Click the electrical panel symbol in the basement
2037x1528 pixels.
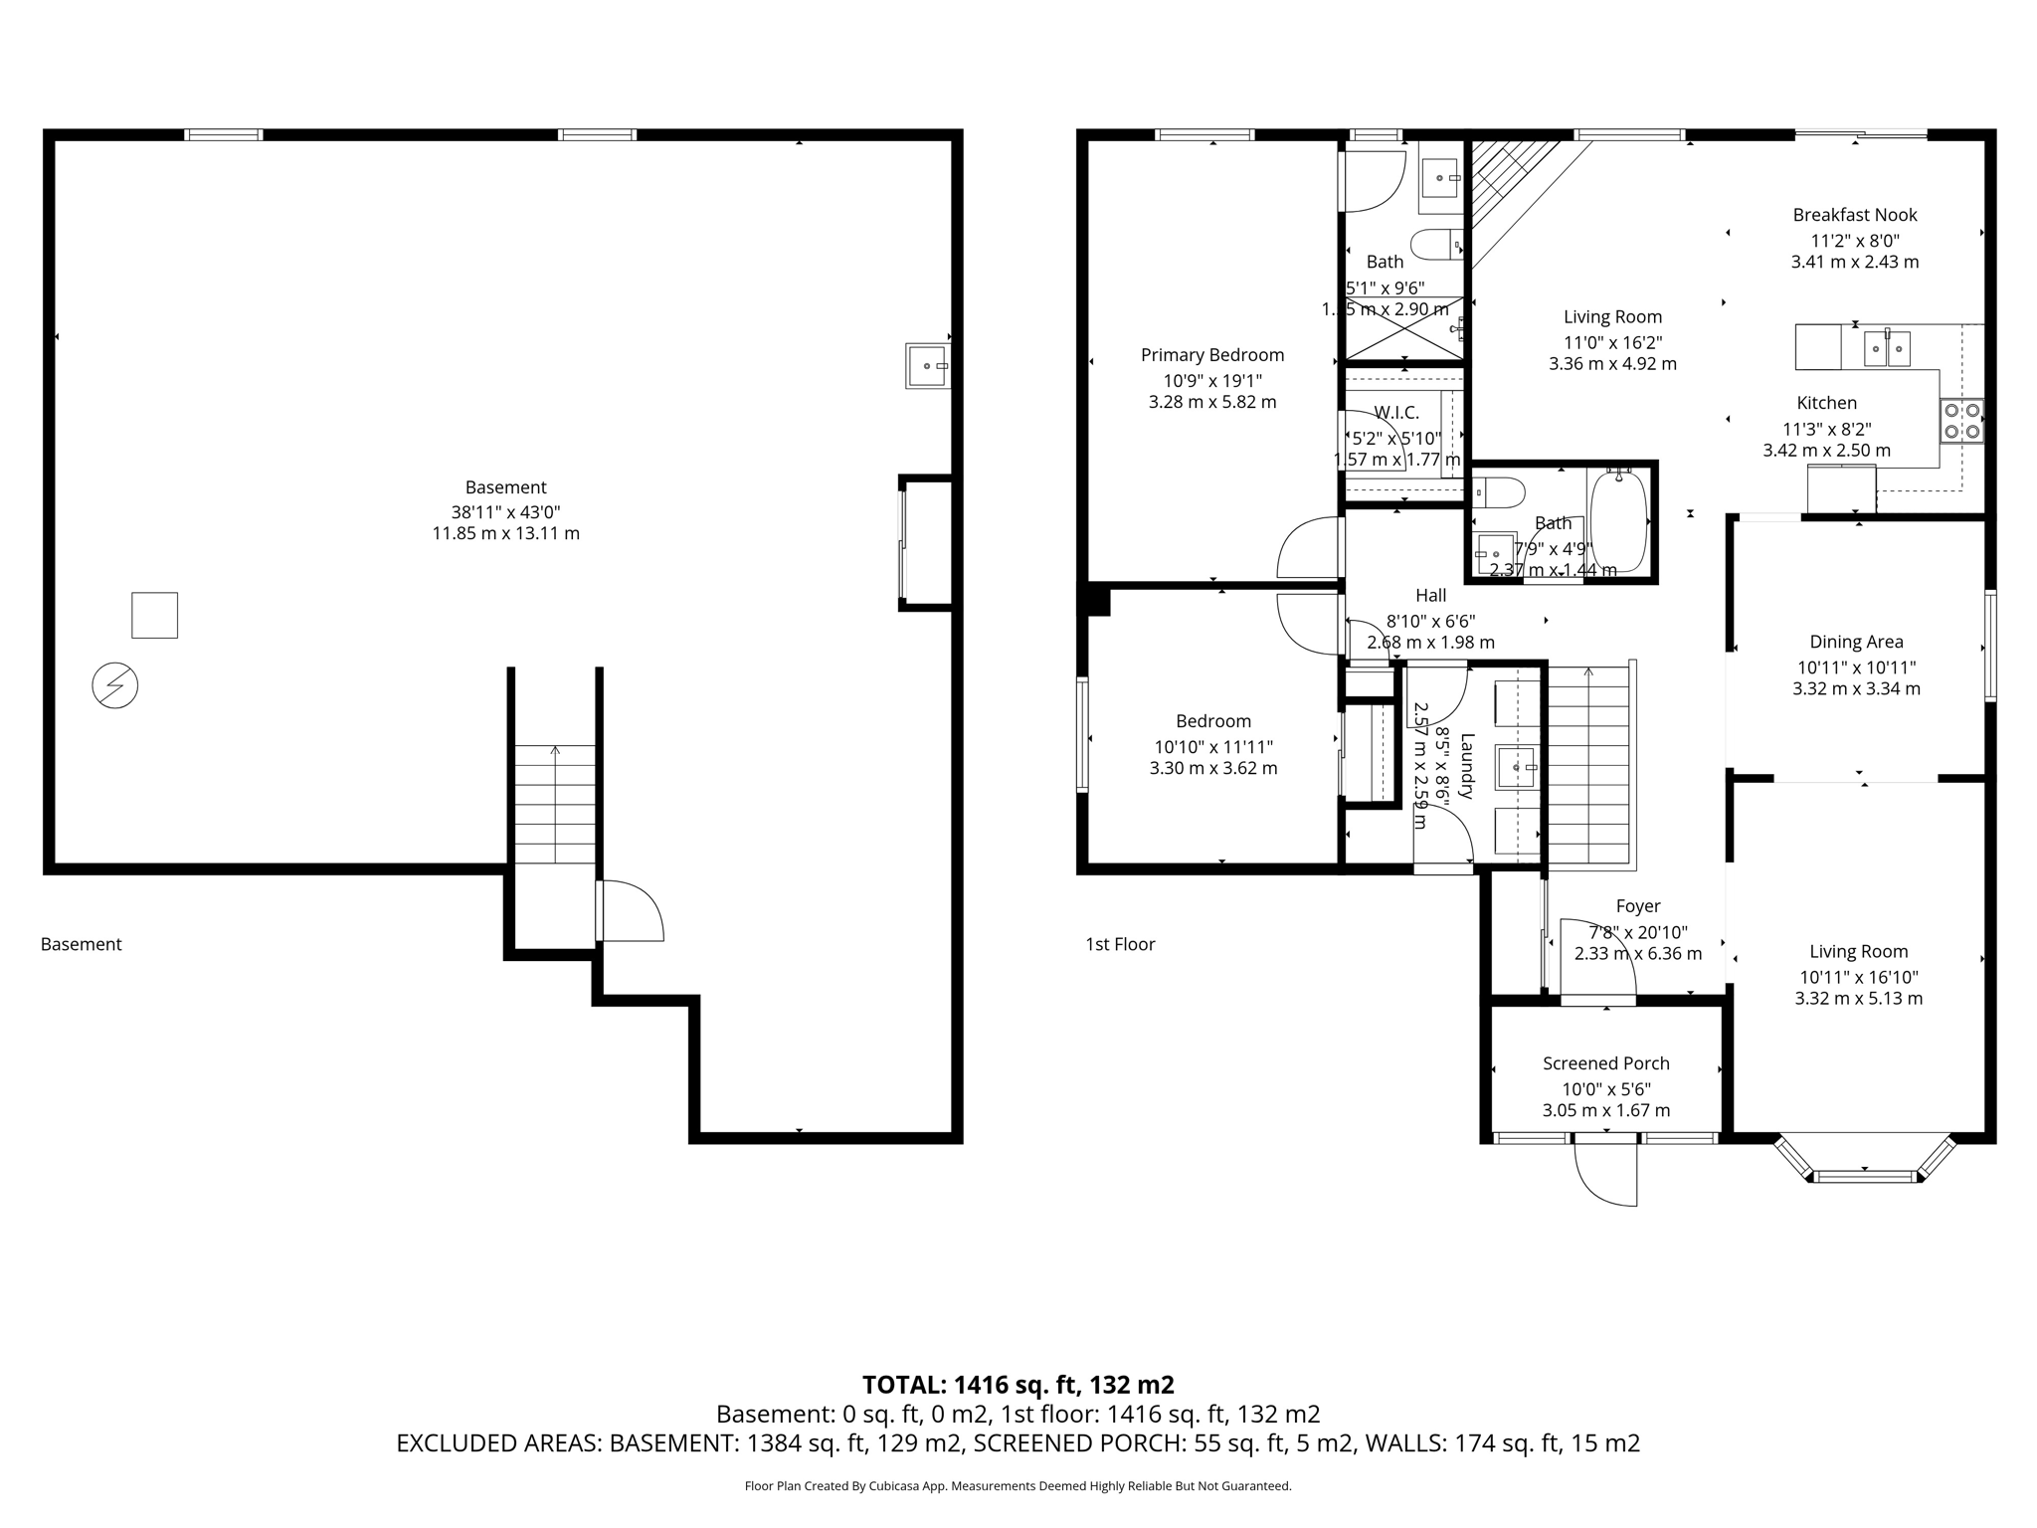(x=114, y=685)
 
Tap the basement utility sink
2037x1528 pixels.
(x=927, y=366)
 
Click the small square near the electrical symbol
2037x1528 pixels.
(x=154, y=615)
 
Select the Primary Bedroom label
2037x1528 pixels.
(x=1211, y=355)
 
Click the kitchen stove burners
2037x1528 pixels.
(x=1961, y=421)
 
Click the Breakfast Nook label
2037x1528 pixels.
(x=1854, y=215)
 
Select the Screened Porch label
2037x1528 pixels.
(x=1605, y=1063)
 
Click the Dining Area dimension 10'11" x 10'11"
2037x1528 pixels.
(x=1856, y=668)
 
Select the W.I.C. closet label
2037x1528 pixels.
(x=1396, y=413)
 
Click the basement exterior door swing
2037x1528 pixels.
(x=631, y=911)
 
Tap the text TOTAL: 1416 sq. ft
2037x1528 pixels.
(x=1018, y=1385)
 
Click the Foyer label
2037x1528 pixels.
(x=1637, y=906)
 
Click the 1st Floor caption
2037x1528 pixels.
(x=1120, y=944)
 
